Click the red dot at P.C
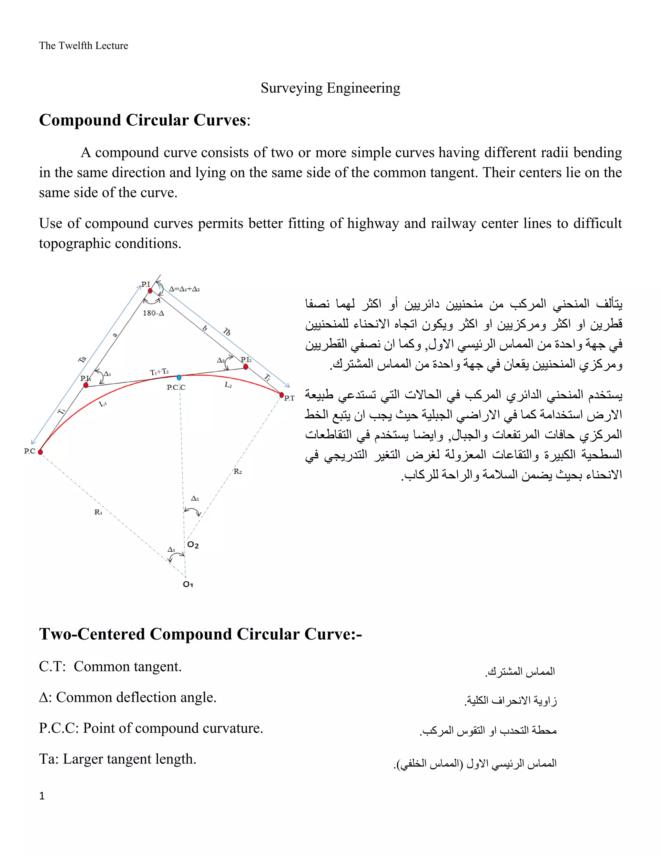click(40, 452)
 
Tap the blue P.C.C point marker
click(179, 377)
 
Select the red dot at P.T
click(281, 395)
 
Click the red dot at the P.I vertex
click(150, 290)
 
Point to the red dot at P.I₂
click(246, 367)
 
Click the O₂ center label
click(193, 545)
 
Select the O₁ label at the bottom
click(188, 584)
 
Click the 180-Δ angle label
click(153, 313)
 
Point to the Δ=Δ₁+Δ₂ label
click(184, 289)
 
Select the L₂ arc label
click(228, 385)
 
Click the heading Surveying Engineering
click(330, 88)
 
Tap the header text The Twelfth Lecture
click(83, 46)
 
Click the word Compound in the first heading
click(80, 120)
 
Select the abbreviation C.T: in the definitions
click(53, 666)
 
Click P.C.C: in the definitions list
click(59, 728)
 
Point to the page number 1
click(42, 796)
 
